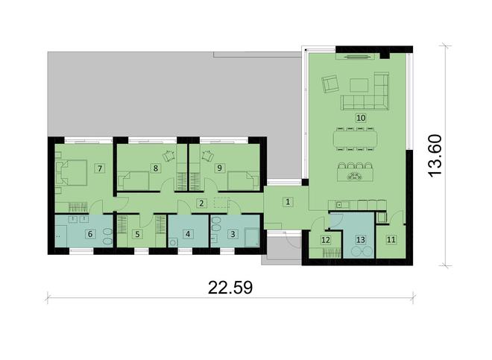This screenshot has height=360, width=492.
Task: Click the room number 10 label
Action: coord(361,118)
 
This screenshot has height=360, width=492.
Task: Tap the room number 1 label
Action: coord(288,202)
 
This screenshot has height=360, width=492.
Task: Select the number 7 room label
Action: coord(100,168)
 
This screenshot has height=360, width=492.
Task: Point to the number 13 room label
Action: coord(361,240)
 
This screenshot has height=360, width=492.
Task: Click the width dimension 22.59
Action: coord(230,288)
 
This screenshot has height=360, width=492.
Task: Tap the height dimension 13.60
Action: coord(435,156)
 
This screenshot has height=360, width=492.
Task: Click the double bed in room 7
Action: coord(71,173)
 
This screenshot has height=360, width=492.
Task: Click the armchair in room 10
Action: coord(329,83)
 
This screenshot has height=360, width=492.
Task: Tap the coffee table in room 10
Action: coord(359,85)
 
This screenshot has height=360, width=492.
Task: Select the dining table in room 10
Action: coord(356,139)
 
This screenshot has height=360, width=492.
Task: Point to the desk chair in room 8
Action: coord(168,155)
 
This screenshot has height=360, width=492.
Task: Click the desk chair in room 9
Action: coord(208,155)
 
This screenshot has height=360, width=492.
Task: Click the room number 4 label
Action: coord(188,234)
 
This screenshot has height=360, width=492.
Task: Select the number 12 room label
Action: coord(326,240)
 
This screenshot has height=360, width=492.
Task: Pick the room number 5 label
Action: coord(137,234)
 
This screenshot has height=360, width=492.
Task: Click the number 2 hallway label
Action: coord(201,203)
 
